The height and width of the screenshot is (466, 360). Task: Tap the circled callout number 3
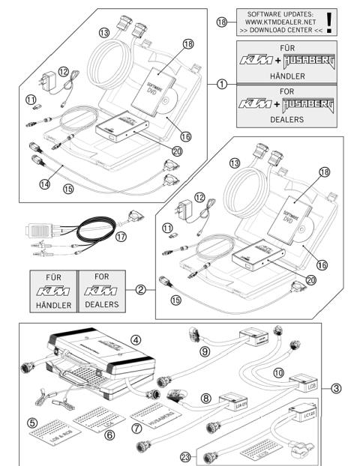[x=337, y=388]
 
